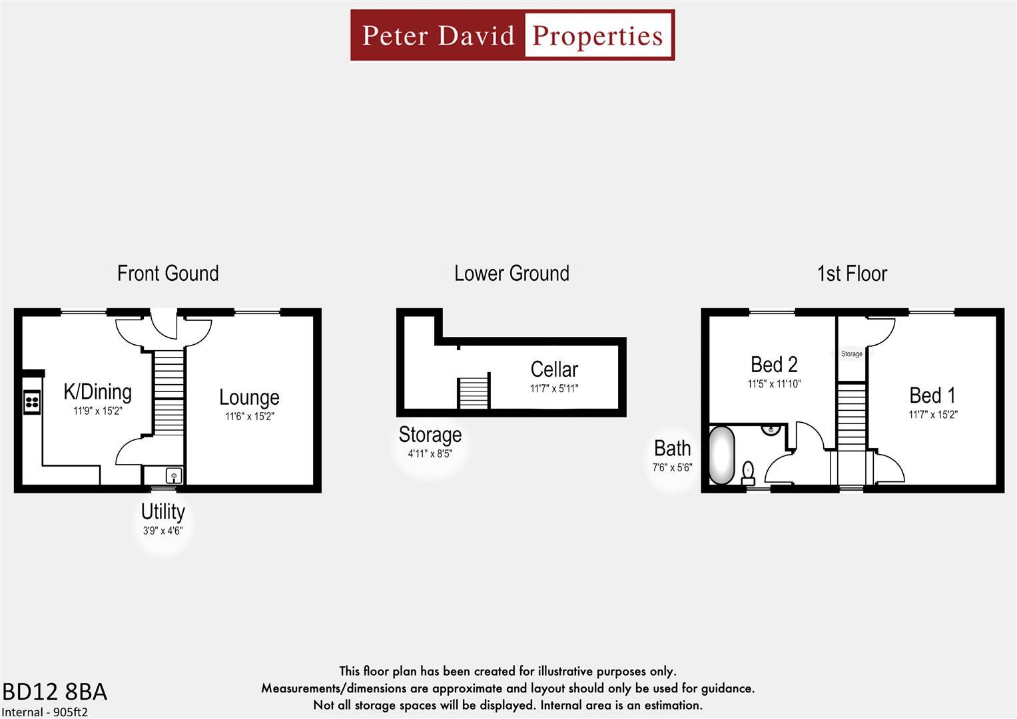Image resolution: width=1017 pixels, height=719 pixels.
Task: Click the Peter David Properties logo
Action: [x=512, y=35]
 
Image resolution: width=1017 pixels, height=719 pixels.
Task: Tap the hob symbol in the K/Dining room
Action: [x=32, y=401]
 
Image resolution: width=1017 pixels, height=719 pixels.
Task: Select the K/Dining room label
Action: [x=97, y=391]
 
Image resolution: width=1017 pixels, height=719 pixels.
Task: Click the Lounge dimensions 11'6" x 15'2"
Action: [x=249, y=417]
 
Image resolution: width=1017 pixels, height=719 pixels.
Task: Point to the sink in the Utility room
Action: [x=173, y=475]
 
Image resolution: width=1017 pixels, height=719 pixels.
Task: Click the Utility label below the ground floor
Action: [x=163, y=512]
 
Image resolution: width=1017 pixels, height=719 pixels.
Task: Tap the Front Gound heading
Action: [x=168, y=274]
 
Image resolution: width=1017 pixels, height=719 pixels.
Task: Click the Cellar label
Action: [x=554, y=369]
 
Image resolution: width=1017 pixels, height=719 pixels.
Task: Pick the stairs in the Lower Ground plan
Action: [x=473, y=393]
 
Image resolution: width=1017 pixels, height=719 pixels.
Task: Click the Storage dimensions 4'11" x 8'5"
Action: [x=430, y=454]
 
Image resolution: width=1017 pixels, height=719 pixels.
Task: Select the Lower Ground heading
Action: [x=511, y=274]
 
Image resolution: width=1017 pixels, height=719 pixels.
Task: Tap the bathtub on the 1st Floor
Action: [x=721, y=455]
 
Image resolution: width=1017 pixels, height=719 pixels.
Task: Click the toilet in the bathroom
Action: [x=747, y=471]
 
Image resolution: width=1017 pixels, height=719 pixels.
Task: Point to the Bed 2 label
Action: [x=774, y=365]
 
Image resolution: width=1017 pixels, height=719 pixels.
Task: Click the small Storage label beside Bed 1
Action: [x=851, y=354]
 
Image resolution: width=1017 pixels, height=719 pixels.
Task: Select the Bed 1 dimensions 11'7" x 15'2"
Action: [x=933, y=415]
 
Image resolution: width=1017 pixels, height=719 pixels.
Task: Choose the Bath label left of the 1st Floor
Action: [x=672, y=449]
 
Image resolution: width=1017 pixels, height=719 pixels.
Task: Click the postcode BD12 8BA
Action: [x=55, y=692]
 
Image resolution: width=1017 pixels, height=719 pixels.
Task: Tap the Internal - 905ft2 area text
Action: [x=45, y=712]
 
